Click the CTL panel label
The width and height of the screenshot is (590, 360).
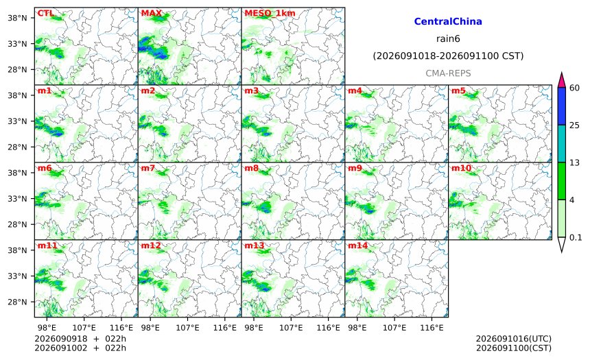(45, 13)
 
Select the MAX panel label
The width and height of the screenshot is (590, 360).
(151, 13)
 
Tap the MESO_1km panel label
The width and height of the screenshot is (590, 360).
(270, 14)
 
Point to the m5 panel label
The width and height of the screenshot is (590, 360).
(458, 91)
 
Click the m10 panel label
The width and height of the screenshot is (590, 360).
(461, 168)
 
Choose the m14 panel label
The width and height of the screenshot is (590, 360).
(357, 245)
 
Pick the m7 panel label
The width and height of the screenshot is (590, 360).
(148, 168)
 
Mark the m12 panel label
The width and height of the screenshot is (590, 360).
(150, 245)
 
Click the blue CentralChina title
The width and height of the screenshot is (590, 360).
(448, 21)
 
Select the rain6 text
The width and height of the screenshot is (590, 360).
(448, 39)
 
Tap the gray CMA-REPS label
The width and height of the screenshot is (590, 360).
(448, 73)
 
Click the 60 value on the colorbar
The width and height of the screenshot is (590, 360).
(574, 88)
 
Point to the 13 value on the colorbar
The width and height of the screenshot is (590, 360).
(574, 163)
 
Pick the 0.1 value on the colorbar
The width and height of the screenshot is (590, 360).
(576, 238)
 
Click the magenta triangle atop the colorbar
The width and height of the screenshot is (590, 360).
(561, 81)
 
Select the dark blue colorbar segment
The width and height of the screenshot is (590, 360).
(561, 106)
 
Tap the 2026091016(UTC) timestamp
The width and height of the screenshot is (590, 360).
(514, 339)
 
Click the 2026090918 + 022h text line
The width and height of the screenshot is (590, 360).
(80, 339)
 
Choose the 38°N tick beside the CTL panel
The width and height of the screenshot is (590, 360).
(17, 18)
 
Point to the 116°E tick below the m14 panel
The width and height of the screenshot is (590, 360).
(432, 328)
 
